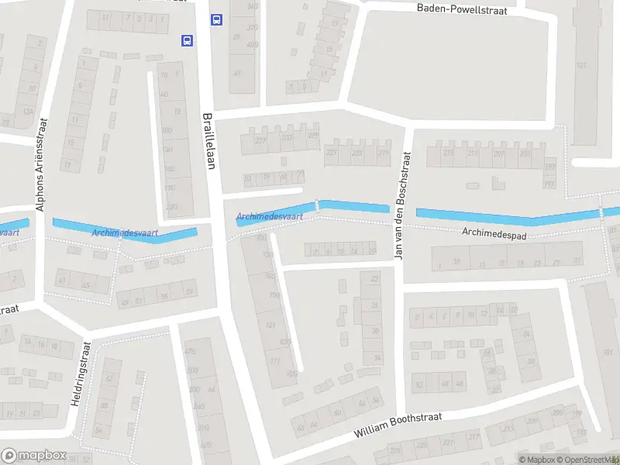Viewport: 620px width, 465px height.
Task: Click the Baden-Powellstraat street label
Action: tap(462, 8)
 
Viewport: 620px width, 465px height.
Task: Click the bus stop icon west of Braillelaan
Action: tap(186, 40)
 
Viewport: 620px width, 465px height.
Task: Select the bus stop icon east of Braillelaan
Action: tap(216, 20)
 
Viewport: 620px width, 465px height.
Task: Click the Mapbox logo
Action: tap(33, 456)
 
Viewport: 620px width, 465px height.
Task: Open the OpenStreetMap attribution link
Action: tap(586, 460)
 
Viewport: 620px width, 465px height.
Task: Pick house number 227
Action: tap(332, 153)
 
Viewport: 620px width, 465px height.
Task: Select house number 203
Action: tap(525, 153)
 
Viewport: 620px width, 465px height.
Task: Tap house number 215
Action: tap(447, 153)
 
